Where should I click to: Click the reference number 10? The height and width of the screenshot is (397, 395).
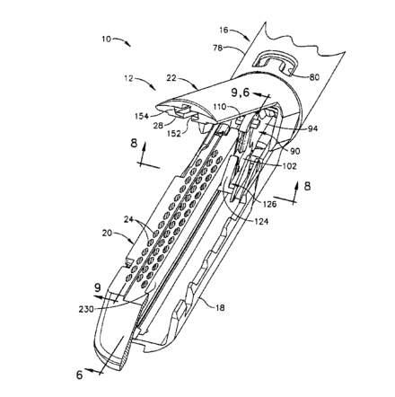[x=106, y=39]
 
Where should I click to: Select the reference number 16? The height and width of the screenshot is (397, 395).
[x=224, y=30]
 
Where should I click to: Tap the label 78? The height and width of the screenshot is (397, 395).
[x=217, y=48]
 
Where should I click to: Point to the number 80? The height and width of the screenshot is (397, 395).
[x=314, y=77]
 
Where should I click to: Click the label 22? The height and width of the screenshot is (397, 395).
[x=171, y=78]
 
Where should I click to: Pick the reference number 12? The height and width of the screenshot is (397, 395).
[x=129, y=79]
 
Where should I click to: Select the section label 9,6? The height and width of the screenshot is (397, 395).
[x=241, y=93]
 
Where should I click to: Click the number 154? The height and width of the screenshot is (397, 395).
[x=142, y=116]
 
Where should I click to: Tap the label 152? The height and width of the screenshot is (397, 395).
[x=174, y=134]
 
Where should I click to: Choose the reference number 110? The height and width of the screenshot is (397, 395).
[x=221, y=106]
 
